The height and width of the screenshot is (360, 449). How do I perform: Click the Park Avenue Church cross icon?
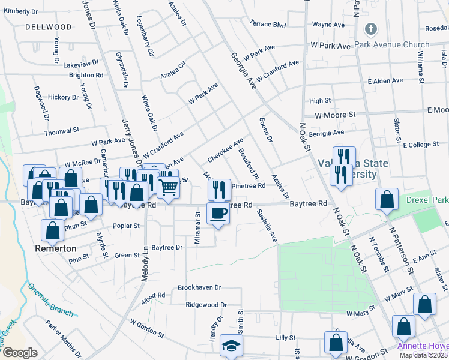(x=371, y=29)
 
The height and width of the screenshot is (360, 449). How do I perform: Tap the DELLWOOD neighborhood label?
(x=49, y=27)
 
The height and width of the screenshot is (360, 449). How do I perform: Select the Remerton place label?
(x=55, y=248)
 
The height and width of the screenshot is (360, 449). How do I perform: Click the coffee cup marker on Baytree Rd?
(x=218, y=213)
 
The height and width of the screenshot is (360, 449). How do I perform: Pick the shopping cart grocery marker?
(x=169, y=188)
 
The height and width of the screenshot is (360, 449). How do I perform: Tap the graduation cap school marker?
(x=231, y=346)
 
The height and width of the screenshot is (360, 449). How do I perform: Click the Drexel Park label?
(x=427, y=199)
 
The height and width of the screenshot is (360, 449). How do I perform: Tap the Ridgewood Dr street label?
(x=206, y=305)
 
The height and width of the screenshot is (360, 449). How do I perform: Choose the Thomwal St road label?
(x=62, y=130)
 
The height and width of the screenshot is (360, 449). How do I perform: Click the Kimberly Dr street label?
(x=20, y=11)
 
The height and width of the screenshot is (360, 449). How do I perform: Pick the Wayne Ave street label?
(x=328, y=25)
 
